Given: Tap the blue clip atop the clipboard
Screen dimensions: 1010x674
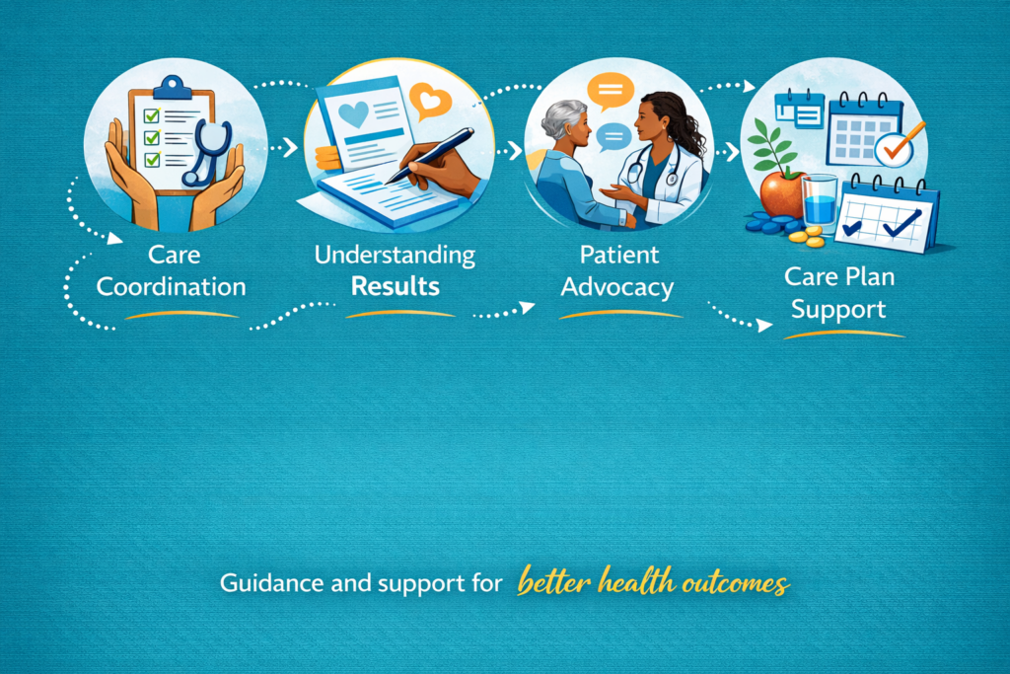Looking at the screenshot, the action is tap(172, 88).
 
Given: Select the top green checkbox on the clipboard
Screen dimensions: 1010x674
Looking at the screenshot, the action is tap(152, 115).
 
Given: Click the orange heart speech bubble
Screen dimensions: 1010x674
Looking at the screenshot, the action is tap(430, 101).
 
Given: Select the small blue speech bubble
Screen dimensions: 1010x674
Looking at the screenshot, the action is tap(613, 136).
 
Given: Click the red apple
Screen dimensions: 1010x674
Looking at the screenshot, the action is tap(782, 193).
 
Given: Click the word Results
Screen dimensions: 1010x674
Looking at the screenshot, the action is tap(395, 286).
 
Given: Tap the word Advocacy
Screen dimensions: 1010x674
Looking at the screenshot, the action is tap(617, 287).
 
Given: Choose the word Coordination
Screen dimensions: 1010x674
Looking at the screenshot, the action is tap(172, 287).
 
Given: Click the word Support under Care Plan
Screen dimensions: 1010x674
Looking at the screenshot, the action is tap(838, 310).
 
